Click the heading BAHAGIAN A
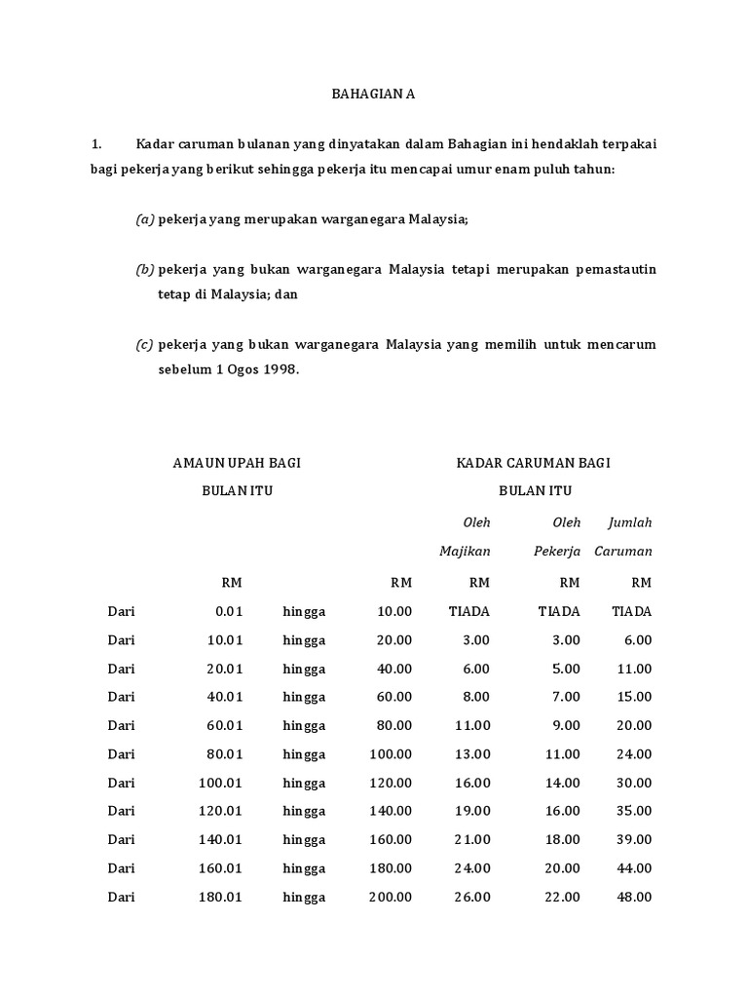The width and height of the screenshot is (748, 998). click(x=373, y=95)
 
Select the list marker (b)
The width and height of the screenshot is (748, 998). click(x=145, y=269)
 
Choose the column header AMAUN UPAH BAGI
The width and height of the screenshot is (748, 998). click(x=237, y=463)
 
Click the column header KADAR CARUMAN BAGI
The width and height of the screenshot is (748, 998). click(x=534, y=463)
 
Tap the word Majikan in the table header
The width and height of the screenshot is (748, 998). click(x=465, y=551)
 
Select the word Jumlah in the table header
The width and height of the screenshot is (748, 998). click(x=629, y=522)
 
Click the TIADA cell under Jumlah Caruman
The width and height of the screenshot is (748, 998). click(x=631, y=612)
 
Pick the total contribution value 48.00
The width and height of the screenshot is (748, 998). click(x=635, y=897)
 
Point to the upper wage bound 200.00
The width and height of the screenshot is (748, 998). click(x=391, y=897)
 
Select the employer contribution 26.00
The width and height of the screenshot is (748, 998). click(x=473, y=897)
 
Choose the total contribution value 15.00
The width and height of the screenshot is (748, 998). click(x=635, y=697)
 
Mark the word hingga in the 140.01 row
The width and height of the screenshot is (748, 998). click(x=304, y=839)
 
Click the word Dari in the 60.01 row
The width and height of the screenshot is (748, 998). click(x=122, y=726)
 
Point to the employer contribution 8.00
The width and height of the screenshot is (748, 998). click(x=476, y=697)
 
